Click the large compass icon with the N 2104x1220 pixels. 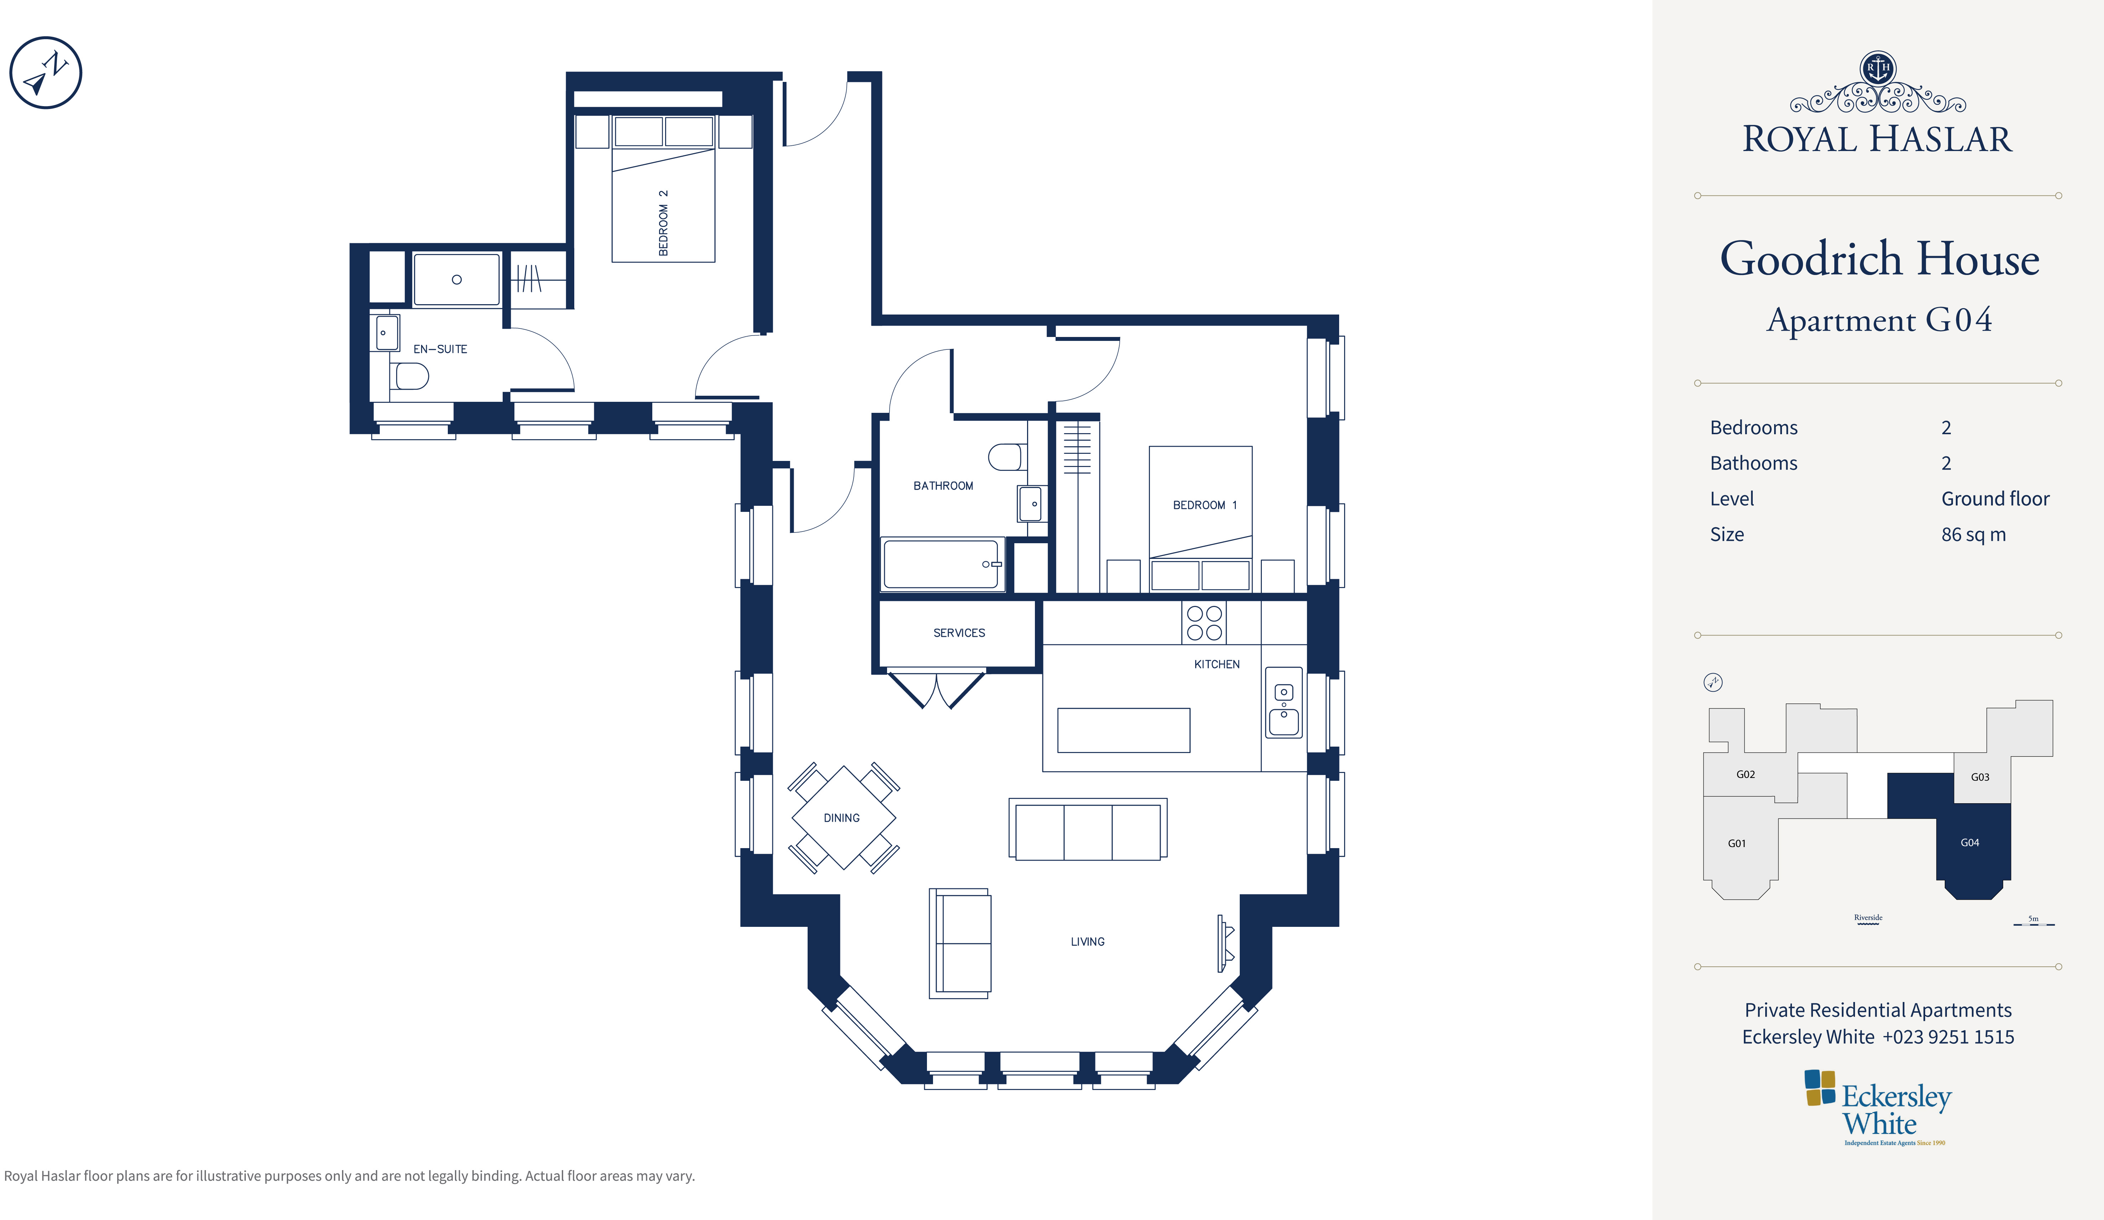(46, 73)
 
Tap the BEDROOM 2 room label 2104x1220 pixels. (663, 223)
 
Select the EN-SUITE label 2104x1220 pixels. (440, 349)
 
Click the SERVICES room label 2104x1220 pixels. (959, 633)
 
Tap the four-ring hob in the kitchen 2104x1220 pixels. (1204, 623)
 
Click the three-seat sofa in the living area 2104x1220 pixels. (1088, 829)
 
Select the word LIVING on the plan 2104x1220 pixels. (1088, 942)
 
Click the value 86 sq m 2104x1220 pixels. (1974, 534)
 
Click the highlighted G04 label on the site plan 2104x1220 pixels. (1970, 842)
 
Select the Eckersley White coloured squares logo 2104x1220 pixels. (1820, 1087)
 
